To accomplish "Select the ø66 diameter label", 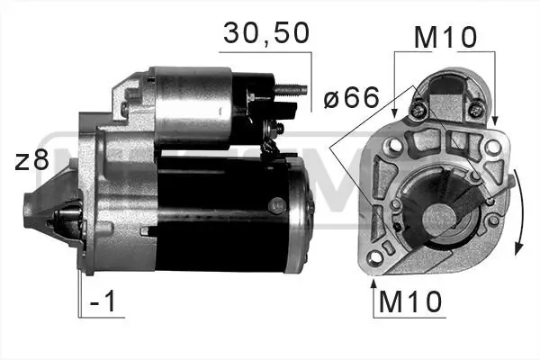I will point(351,97).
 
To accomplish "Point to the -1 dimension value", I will point(106,302).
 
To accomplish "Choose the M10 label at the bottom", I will point(410,302).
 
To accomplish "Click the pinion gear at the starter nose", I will point(65,220).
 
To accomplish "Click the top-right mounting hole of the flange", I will point(493,146).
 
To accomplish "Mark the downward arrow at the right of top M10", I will point(494,112).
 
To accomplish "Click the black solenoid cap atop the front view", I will point(447,90).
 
